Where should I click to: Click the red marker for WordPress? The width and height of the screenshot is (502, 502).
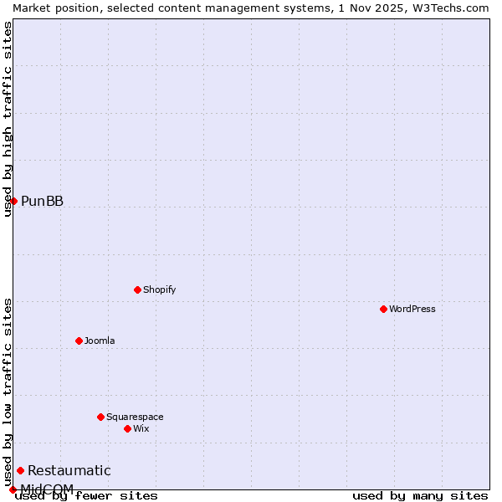click(383, 309)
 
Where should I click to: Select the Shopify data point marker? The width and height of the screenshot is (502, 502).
click(137, 289)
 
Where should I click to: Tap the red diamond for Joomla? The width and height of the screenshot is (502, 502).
click(79, 341)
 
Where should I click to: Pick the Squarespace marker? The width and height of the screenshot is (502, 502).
click(100, 417)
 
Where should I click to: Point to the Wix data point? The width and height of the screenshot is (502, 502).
click(127, 428)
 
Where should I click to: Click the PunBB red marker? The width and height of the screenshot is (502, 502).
click(13, 201)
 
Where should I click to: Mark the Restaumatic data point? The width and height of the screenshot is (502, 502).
click(20, 470)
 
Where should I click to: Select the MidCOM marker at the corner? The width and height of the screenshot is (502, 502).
click(13, 489)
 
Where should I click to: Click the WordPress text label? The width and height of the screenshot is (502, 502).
click(412, 309)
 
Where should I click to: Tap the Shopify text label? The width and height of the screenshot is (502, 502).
click(159, 289)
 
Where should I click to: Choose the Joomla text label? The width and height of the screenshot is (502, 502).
click(100, 341)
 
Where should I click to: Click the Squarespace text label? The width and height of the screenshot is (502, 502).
click(135, 417)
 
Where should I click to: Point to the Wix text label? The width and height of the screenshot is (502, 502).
click(141, 428)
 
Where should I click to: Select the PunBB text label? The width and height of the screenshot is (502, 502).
click(42, 201)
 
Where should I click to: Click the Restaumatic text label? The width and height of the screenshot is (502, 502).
click(69, 470)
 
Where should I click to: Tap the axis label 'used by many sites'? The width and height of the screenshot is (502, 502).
click(420, 495)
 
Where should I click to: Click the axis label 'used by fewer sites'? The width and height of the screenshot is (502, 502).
click(87, 495)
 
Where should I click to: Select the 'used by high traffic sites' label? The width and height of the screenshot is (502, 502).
click(8, 119)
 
